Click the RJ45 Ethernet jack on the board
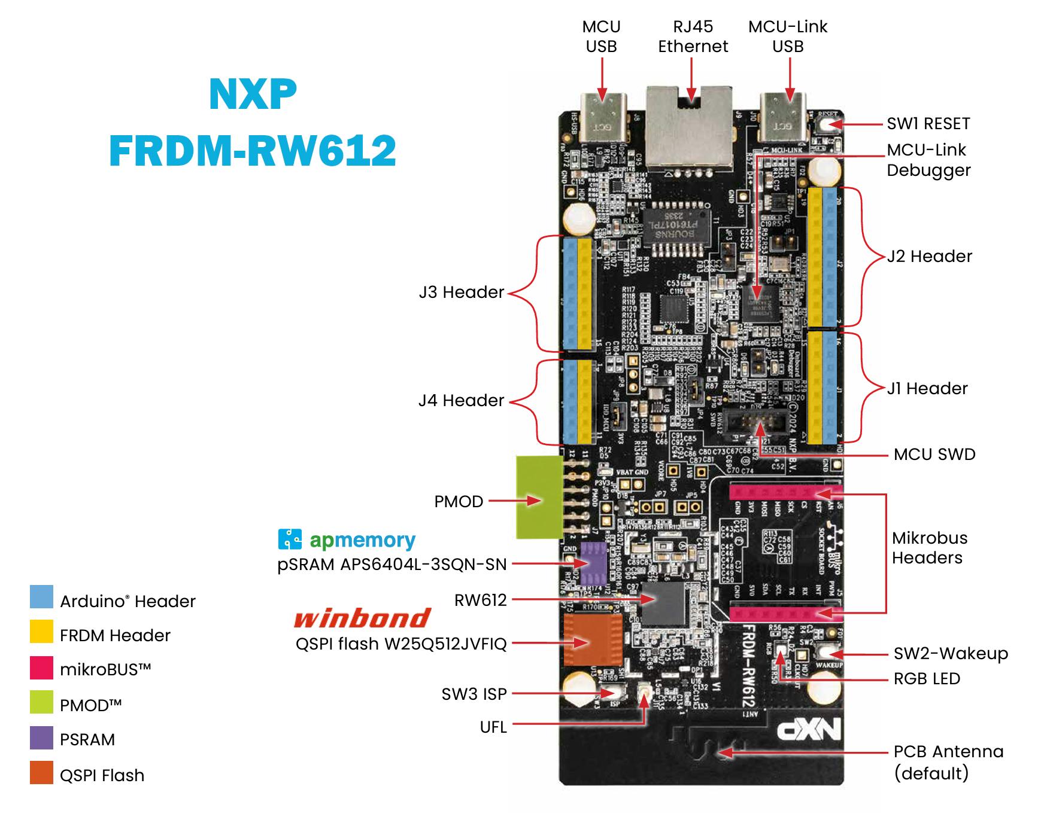(690, 129)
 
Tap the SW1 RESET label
(928, 124)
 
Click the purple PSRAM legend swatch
(41, 738)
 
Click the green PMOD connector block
(539, 497)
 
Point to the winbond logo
(362, 618)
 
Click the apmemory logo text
(362, 540)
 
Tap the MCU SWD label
(934, 455)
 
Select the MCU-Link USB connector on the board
(784, 118)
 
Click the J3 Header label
(461, 292)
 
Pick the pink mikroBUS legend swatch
(41, 668)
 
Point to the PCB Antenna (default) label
(948, 762)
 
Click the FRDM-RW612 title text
(252, 150)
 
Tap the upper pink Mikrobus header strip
(785, 493)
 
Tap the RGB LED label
(926, 679)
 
